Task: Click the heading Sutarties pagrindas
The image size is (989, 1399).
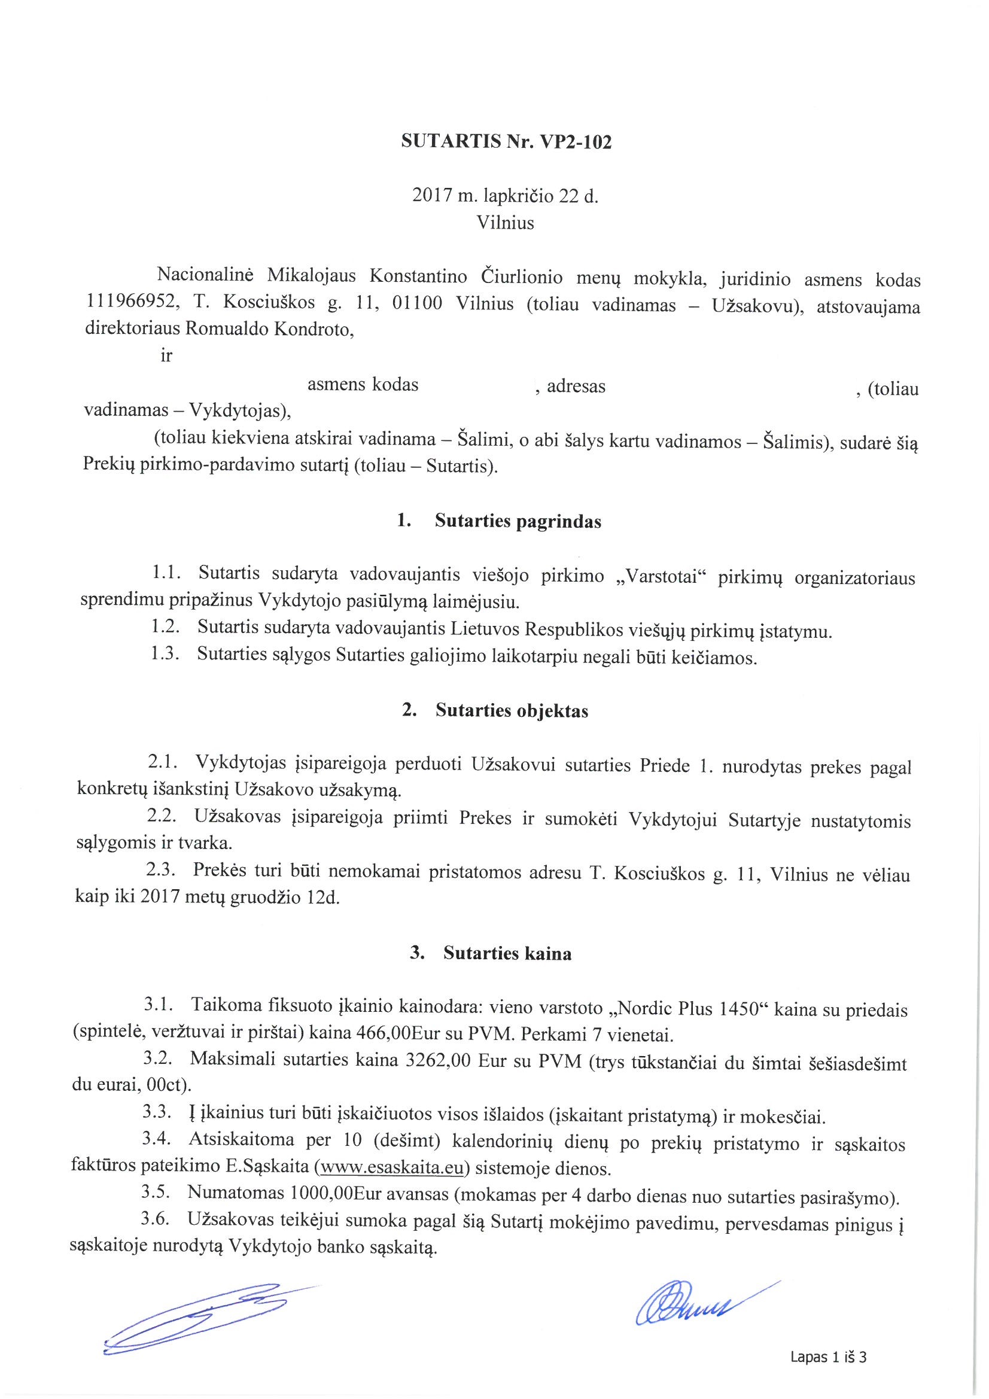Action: point(518,522)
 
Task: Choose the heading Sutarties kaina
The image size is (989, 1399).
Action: point(507,954)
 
